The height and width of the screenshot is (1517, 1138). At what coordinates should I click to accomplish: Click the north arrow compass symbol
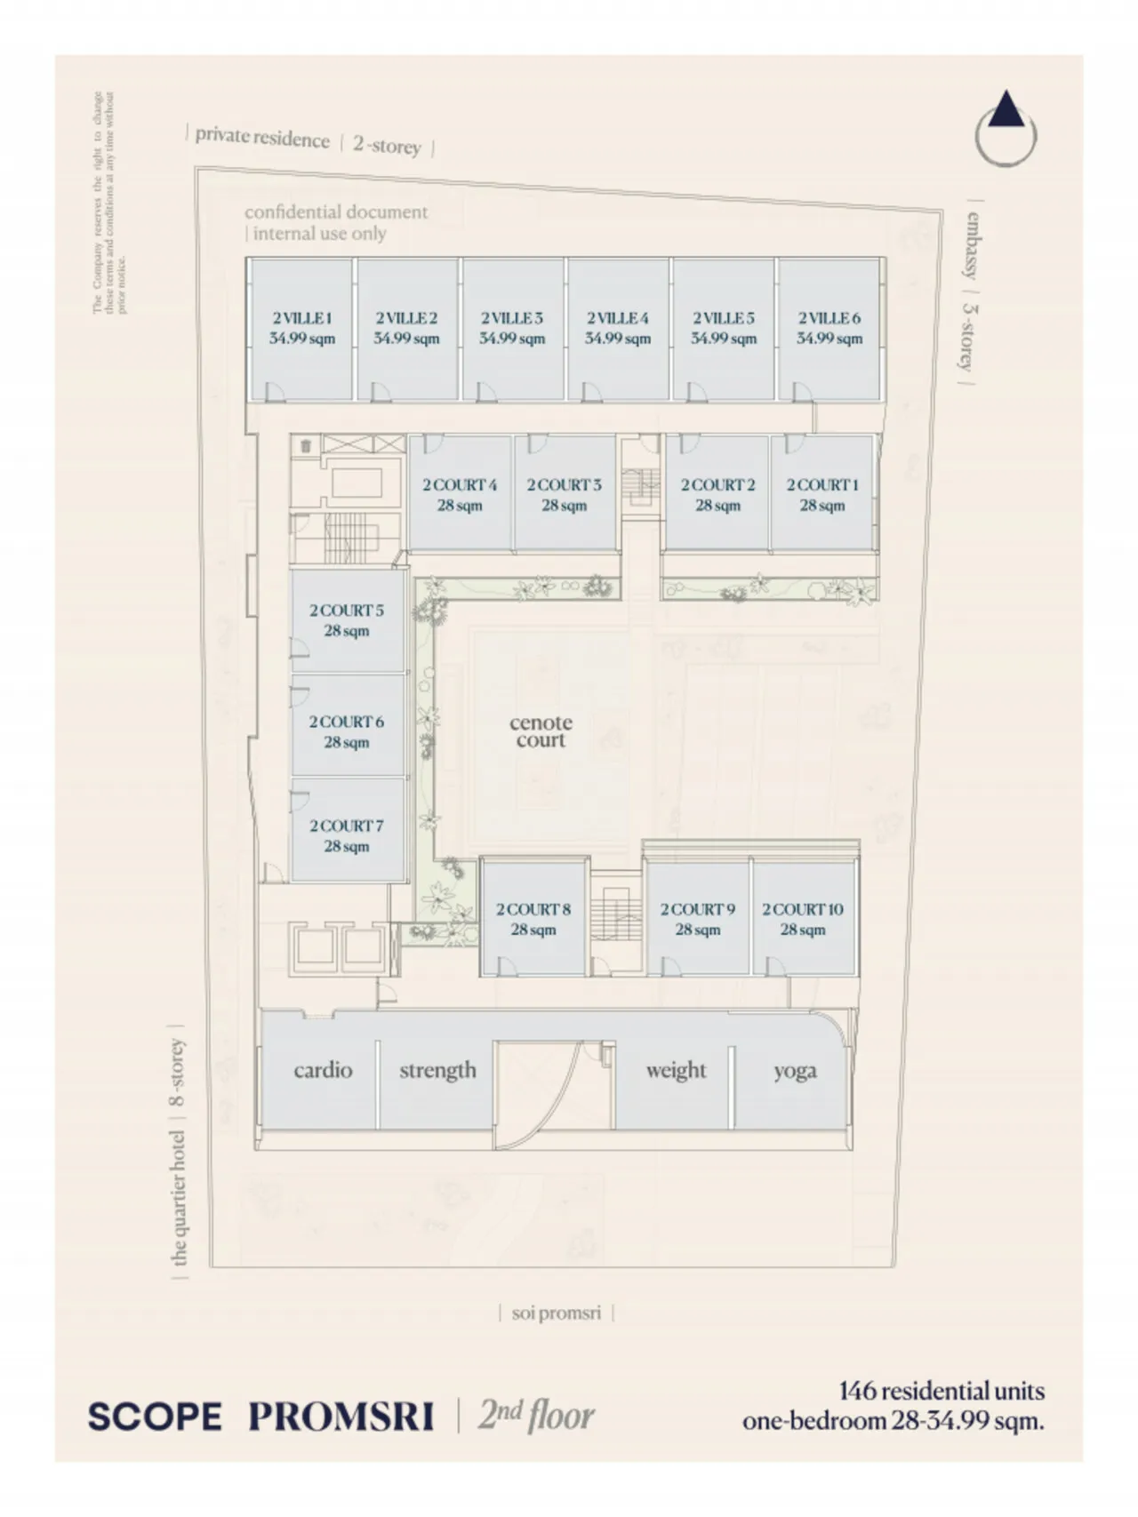[1006, 131]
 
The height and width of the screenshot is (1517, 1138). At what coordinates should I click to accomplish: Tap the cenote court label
[541, 731]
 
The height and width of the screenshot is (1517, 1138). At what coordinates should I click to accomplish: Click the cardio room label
[323, 1070]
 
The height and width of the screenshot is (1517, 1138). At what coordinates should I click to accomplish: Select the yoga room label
[794, 1071]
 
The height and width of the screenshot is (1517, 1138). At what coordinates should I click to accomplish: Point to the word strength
[437, 1070]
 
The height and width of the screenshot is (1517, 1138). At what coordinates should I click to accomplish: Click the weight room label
[676, 1070]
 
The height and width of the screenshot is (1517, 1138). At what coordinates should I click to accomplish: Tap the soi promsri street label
[557, 1313]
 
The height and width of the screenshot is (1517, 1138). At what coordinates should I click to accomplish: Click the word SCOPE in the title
[155, 1416]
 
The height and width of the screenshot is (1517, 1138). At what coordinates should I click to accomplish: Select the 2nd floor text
[536, 1414]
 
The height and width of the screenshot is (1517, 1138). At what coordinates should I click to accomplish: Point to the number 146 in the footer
[858, 1391]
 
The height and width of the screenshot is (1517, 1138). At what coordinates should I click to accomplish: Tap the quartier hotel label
[179, 1196]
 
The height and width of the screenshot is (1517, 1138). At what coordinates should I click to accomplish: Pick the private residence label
[262, 138]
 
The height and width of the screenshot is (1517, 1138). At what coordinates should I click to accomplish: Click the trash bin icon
[306, 445]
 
